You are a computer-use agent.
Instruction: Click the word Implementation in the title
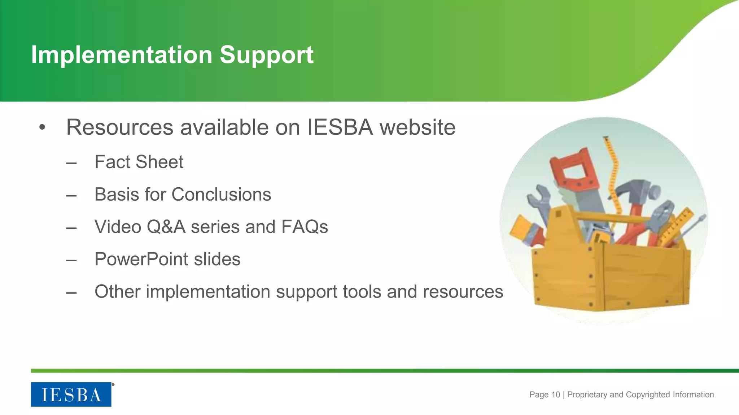pyautogui.click(x=122, y=55)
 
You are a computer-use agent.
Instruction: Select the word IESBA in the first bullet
pyautogui.click(x=340, y=127)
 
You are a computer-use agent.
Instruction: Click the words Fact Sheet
pyautogui.click(x=139, y=162)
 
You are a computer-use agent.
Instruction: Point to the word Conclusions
pyautogui.click(x=221, y=195)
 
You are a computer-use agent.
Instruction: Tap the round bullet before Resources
pyautogui.click(x=43, y=127)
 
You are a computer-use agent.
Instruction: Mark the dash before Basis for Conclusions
pyautogui.click(x=71, y=196)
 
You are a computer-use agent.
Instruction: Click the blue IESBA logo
pyautogui.click(x=71, y=394)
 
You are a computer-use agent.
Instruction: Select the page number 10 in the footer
pyautogui.click(x=556, y=394)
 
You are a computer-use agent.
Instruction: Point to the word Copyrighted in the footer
pyautogui.click(x=648, y=394)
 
